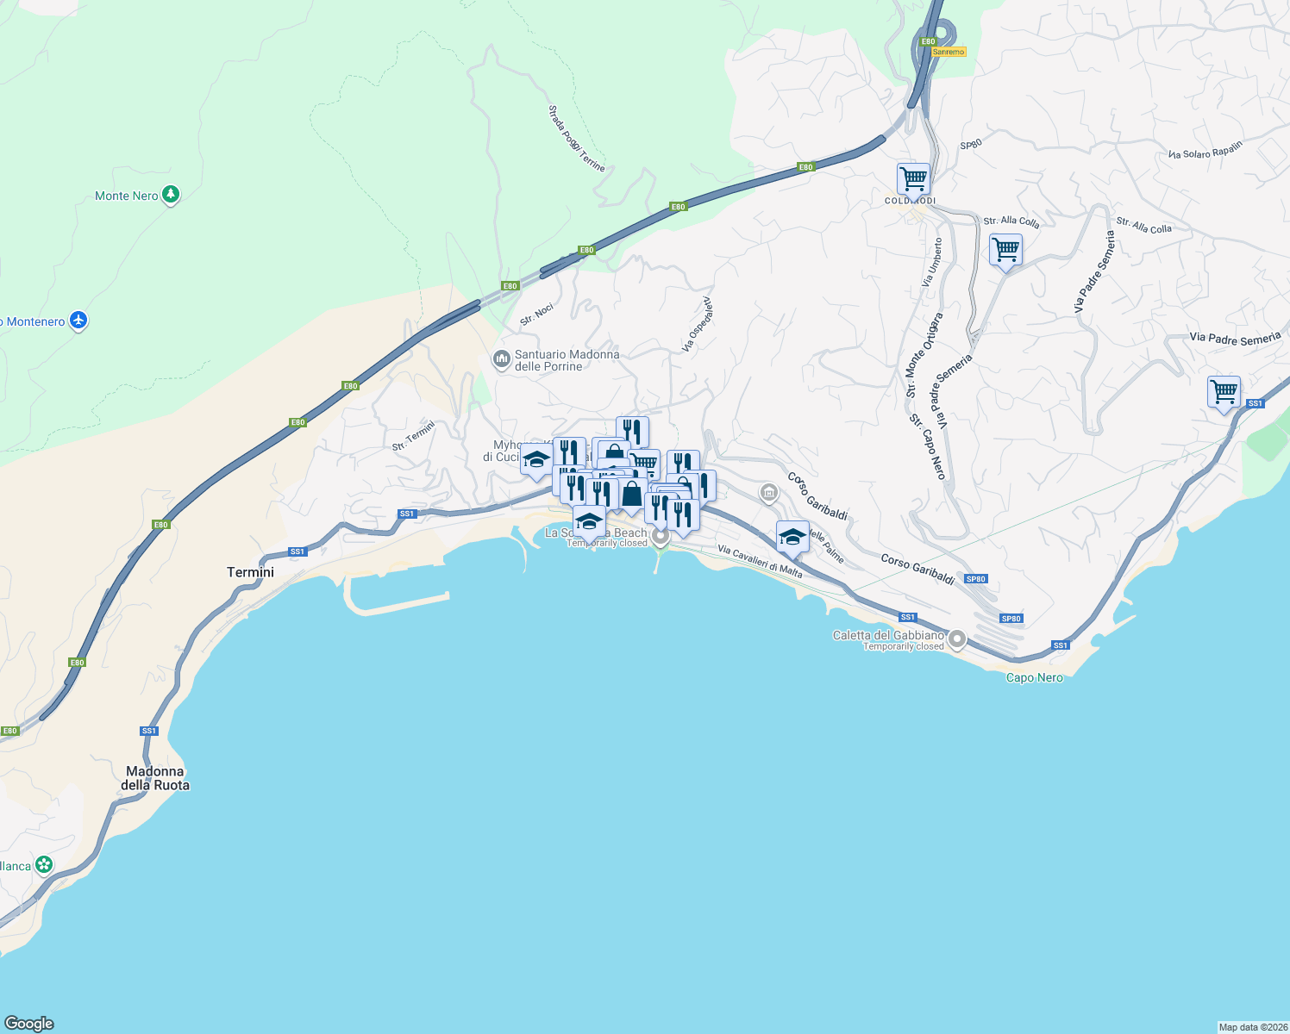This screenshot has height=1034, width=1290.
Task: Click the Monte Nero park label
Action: click(x=126, y=196)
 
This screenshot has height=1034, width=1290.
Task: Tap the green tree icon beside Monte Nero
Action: click(x=171, y=195)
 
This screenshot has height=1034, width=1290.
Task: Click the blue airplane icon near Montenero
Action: click(x=78, y=321)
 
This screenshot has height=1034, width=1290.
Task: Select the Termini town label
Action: click(x=250, y=572)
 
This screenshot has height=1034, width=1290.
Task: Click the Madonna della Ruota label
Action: click(x=155, y=778)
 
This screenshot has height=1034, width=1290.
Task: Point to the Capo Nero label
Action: click(x=1034, y=678)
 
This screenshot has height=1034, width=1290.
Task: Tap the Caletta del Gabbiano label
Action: click(x=888, y=636)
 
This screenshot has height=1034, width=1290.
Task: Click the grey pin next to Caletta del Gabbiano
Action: click(x=957, y=639)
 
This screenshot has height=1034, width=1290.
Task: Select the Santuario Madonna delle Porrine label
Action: click(x=567, y=360)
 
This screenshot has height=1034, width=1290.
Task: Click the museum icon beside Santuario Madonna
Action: click(x=501, y=358)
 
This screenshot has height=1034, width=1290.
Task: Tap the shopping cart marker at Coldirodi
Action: click(x=913, y=179)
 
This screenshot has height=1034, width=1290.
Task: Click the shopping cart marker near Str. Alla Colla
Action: click(x=1005, y=250)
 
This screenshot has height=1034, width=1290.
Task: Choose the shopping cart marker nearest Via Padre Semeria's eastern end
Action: click(x=1224, y=392)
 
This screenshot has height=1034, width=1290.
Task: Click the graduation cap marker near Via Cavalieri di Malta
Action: click(x=792, y=537)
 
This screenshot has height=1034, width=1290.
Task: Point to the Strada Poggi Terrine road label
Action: click(x=576, y=138)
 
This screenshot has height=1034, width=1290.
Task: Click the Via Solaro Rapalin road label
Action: click(x=1205, y=150)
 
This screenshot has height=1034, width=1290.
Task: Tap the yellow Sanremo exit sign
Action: click(x=949, y=52)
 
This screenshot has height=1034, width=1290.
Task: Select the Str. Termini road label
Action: click(x=414, y=436)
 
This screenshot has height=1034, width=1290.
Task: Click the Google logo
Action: click(x=29, y=1024)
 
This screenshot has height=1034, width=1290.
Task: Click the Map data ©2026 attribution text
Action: click(x=1253, y=1027)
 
